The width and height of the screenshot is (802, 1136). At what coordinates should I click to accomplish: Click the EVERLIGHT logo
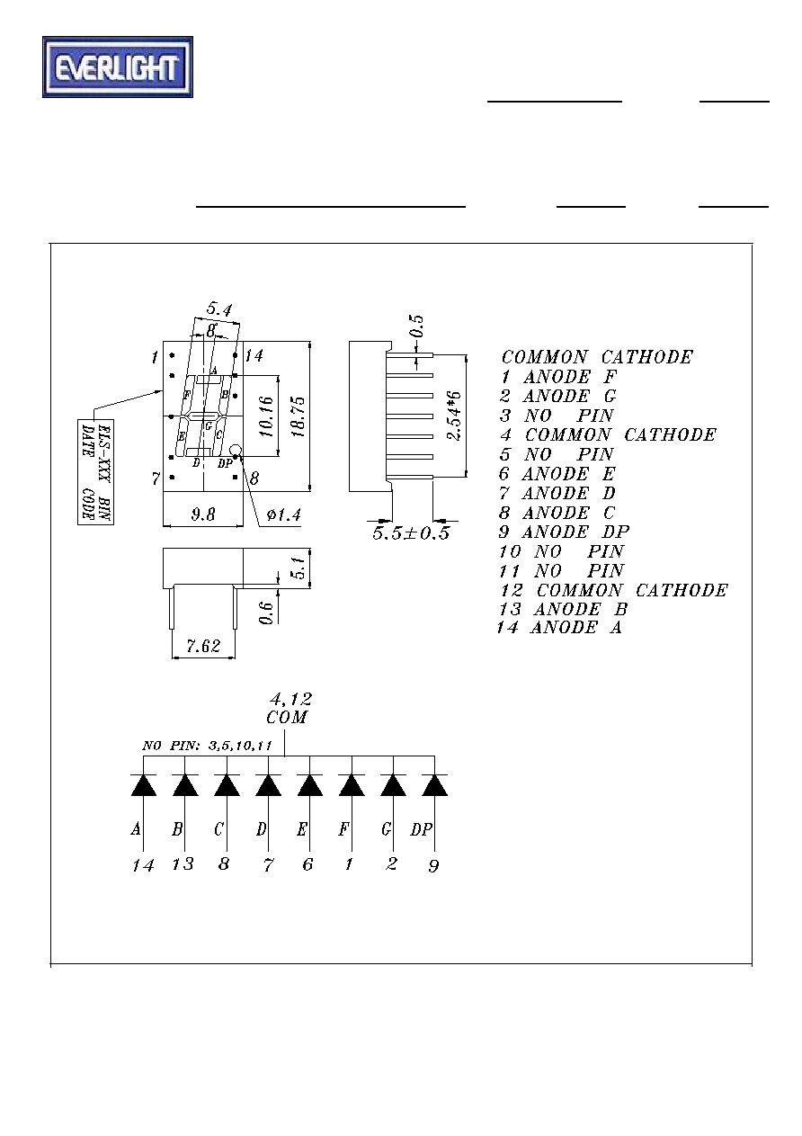coord(118,67)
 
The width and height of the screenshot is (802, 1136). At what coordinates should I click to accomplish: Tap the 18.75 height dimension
coord(299,416)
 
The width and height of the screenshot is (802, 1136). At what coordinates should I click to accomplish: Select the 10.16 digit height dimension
coord(266,416)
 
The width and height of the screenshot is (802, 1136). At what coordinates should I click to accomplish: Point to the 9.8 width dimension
coord(203,514)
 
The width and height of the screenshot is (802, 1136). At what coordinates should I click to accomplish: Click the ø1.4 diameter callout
coord(284,515)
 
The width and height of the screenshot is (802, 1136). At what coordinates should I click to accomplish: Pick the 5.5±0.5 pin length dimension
coord(411,533)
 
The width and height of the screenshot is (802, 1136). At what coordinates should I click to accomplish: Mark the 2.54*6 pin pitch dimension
coord(455,416)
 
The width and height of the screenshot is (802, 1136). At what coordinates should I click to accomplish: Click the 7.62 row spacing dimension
coord(204,646)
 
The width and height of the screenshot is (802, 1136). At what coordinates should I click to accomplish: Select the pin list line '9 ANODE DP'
coord(564,532)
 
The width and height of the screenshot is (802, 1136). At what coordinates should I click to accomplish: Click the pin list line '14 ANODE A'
coord(559,628)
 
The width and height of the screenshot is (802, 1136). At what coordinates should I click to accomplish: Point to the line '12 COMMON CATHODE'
coord(614,590)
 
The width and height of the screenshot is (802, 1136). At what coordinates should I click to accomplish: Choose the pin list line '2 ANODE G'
coord(557,396)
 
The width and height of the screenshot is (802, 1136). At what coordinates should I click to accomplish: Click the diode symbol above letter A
coord(144,785)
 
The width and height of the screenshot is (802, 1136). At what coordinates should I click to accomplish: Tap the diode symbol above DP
coord(434,785)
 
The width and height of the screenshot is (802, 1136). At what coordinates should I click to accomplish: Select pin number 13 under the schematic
coord(183,863)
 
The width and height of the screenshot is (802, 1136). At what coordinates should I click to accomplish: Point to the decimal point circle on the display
coord(236,450)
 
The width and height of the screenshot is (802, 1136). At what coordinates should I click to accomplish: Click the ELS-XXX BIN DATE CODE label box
coord(95,472)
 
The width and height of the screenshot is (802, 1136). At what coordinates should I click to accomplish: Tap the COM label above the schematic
coord(287,718)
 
